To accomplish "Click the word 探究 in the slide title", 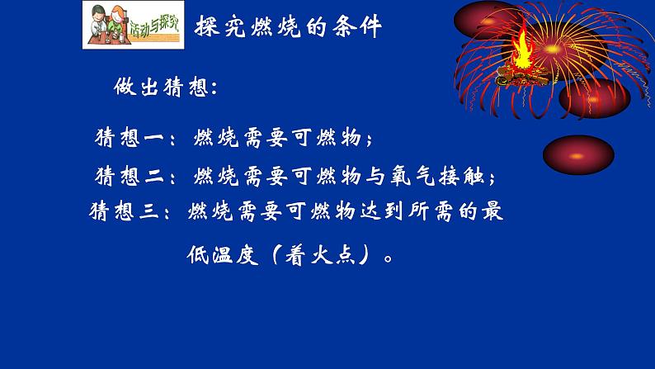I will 217,26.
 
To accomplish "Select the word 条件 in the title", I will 360,26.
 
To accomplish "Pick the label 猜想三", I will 123,211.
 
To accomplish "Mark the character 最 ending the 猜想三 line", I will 492,211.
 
